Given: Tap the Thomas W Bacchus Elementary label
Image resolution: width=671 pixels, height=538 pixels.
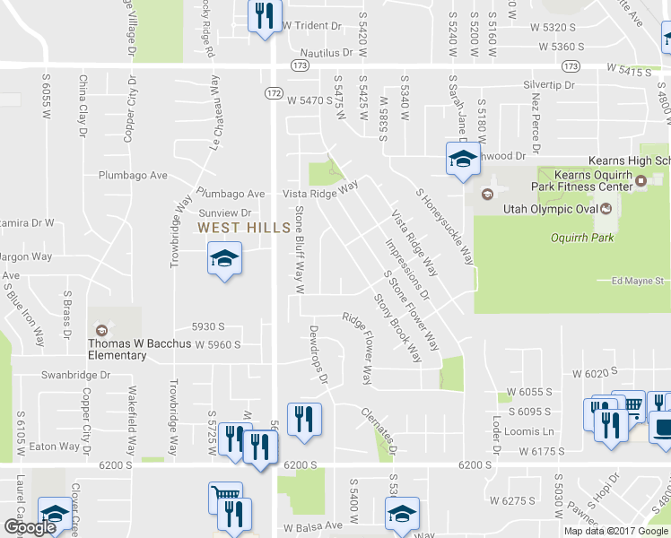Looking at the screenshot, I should click(117, 349).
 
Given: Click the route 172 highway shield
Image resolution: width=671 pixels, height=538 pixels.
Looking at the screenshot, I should click(274, 92).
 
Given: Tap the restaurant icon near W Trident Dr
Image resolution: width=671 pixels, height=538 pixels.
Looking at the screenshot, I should click(264, 17).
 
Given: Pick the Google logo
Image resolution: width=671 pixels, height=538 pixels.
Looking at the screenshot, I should click(30, 528).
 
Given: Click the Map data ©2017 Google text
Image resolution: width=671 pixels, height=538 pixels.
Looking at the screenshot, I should click(616, 531).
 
